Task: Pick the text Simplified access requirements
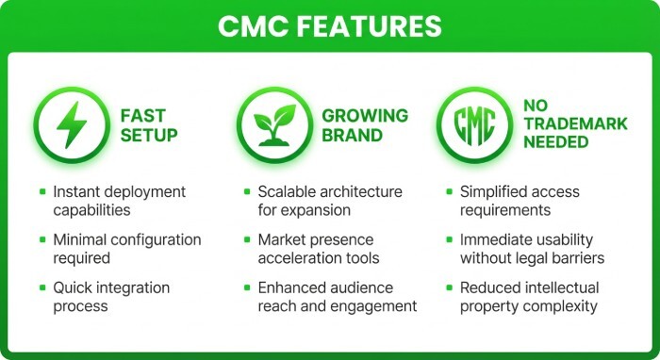point(520,201)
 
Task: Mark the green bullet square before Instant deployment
point(42,191)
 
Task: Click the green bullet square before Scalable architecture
point(245,191)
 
